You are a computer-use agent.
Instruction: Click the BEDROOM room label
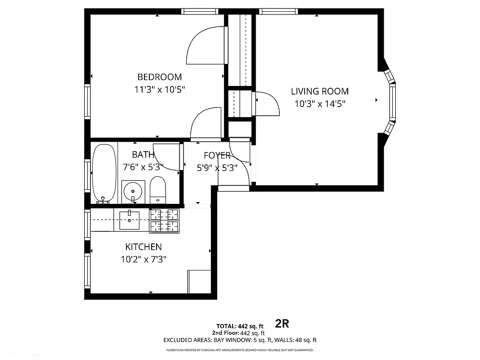[159, 77]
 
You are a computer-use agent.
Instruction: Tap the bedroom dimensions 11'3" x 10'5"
[159, 90]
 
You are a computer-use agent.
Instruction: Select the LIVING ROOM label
[319, 91]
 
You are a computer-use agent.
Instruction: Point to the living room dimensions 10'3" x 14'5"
[319, 104]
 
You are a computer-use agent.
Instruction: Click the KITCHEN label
[143, 247]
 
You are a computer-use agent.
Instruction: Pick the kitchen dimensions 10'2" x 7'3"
[144, 259]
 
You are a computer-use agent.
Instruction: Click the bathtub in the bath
[104, 173]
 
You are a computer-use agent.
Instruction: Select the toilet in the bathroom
[157, 190]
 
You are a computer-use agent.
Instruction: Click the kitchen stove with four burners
[164, 220]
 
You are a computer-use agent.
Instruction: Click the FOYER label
[217, 156]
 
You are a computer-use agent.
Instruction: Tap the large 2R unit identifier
[282, 323]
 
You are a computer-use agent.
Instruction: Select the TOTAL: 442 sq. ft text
[240, 326]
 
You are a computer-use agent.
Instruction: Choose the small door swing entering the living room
[265, 103]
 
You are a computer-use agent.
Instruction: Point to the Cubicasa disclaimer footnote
[240, 350]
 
